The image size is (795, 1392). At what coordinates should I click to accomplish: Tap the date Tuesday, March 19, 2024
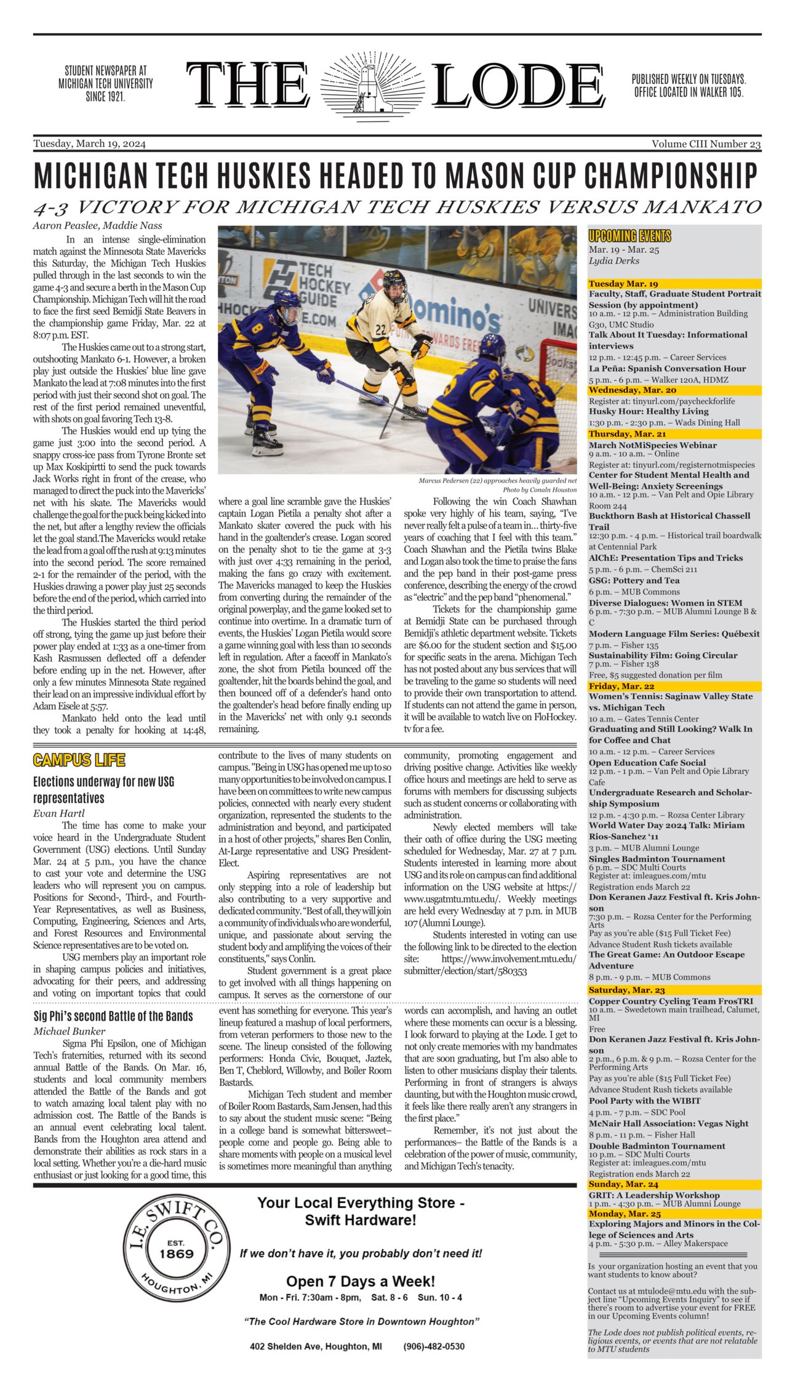(90, 144)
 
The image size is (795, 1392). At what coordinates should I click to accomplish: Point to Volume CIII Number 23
(706, 144)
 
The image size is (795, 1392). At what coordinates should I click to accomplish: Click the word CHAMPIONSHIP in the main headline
(670, 176)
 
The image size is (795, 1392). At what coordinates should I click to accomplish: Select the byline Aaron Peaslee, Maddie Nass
(98, 225)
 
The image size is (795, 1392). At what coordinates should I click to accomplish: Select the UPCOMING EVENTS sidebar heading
(629, 236)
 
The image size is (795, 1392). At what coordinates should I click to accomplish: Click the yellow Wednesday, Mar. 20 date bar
(674, 390)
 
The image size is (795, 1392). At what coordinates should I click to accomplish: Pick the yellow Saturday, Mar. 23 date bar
(674, 990)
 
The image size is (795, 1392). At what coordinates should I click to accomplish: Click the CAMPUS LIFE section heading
(79, 760)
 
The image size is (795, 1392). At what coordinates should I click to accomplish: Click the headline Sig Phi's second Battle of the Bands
(113, 1016)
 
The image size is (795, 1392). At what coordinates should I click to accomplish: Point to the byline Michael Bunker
(69, 1031)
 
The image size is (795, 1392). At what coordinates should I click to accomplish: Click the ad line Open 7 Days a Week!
(361, 1281)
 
